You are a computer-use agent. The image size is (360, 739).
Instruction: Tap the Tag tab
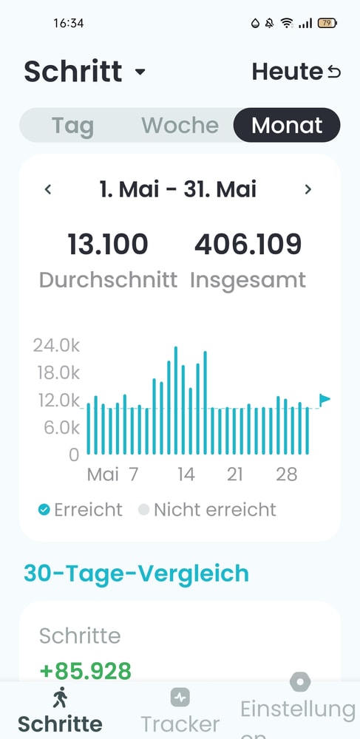pyautogui.click(x=72, y=126)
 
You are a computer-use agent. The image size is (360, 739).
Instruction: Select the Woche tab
pyautogui.click(x=180, y=125)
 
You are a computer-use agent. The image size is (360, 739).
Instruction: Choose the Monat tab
pyautogui.click(x=287, y=125)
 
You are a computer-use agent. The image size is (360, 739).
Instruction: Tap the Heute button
pyautogui.click(x=296, y=72)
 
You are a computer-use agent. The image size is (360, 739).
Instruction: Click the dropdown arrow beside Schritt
pyautogui.click(x=140, y=72)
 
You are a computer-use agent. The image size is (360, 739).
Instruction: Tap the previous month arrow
pyautogui.click(x=47, y=189)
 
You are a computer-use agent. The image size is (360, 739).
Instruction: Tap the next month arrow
pyautogui.click(x=308, y=189)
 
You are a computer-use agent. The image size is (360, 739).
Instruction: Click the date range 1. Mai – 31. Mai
pyautogui.click(x=178, y=189)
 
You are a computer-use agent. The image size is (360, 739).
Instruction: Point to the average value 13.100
pyautogui.click(x=108, y=245)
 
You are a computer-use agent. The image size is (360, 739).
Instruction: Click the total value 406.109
pyautogui.click(x=248, y=245)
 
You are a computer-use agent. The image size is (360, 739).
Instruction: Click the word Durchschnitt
pyautogui.click(x=109, y=280)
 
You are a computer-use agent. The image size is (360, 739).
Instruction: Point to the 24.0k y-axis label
pyautogui.click(x=56, y=345)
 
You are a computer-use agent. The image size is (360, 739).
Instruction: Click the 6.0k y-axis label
pyautogui.click(x=59, y=428)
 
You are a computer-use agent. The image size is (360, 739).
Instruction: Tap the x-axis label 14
pyautogui.click(x=186, y=474)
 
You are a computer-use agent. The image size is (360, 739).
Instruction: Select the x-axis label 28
pyautogui.click(x=287, y=474)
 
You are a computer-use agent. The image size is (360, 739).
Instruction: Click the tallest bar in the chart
pyautogui.click(x=176, y=401)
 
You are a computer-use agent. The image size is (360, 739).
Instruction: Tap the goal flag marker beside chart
pyautogui.click(x=325, y=400)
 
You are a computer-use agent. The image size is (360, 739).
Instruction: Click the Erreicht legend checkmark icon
pyautogui.click(x=44, y=509)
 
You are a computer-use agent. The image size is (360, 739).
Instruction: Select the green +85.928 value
pyautogui.click(x=85, y=671)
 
